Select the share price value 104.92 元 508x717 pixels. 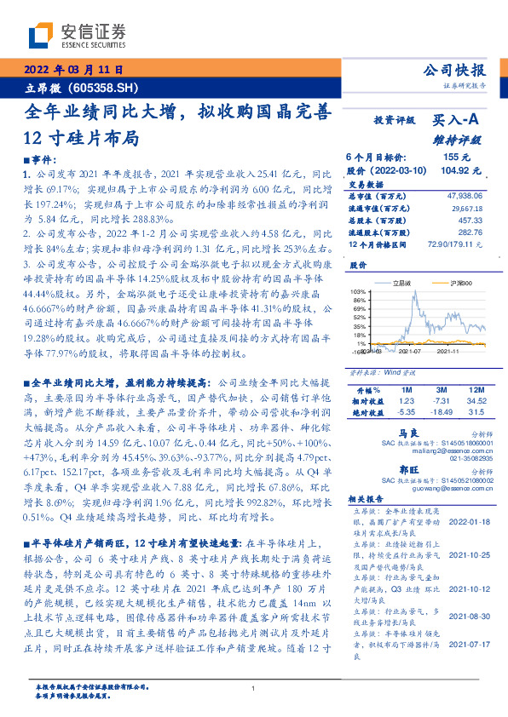(457, 170)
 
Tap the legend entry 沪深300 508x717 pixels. (442, 282)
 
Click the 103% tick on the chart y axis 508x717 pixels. (357, 291)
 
